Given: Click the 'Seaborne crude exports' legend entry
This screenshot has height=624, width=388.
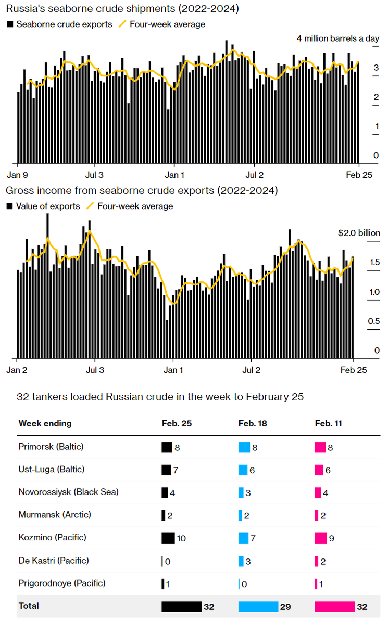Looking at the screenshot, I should point(64,24).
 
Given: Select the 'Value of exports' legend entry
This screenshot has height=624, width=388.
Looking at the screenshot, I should point(48,206).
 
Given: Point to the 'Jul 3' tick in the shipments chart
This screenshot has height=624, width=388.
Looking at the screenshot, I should point(94,175).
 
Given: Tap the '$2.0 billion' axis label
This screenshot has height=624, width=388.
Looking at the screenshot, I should point(359,233).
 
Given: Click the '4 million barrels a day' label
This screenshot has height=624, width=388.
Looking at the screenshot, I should point(338,38).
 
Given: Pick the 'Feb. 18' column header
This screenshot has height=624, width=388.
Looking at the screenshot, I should point(253,423).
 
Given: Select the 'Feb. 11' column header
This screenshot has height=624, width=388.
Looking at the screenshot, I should point(329,423).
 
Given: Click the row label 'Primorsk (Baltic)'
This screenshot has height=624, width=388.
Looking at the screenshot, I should point(51,446).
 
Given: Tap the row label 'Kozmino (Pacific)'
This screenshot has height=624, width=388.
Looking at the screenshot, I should point(53,537).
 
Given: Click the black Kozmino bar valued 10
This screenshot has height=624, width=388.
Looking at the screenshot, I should point(168,538).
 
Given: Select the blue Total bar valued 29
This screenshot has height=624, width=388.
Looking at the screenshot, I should point(258,606).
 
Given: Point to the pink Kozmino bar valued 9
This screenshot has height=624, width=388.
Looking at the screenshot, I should point(321,538).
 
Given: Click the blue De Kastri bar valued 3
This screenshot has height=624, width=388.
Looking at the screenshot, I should point(241,561).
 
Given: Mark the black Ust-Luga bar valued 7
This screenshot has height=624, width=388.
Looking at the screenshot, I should point(166,470).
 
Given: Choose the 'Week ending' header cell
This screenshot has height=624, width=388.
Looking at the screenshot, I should point(45,423).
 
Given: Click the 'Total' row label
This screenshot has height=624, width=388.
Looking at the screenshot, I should point(29,606).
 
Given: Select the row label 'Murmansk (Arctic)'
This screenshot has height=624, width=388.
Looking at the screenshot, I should point(55,514).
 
